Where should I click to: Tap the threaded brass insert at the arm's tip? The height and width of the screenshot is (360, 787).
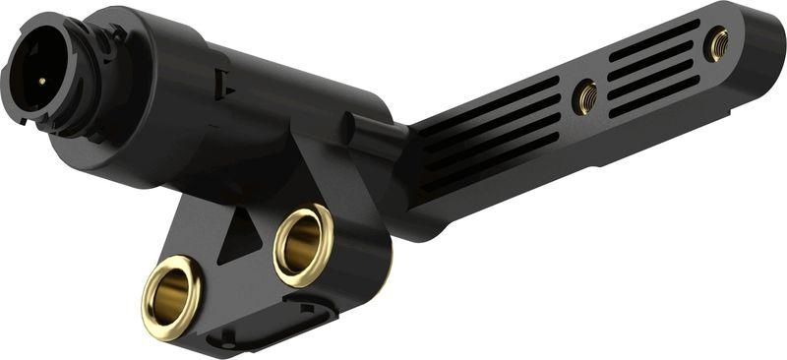(718, 43)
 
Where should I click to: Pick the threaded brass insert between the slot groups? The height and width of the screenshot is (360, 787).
(586, 95)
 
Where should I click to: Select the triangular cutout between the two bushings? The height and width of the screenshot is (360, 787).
(236, 237)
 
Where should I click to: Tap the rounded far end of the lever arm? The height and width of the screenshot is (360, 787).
(762, 39)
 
